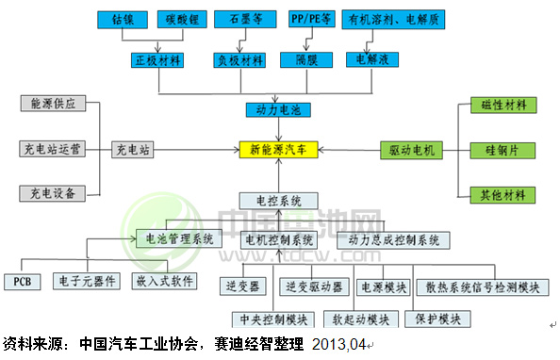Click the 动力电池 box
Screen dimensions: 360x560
tap(277, 111)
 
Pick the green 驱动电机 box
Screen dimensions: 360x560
tap(413, 149)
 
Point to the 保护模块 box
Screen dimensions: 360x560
tap(437, 318)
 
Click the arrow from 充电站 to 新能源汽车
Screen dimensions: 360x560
tap(199, 149)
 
